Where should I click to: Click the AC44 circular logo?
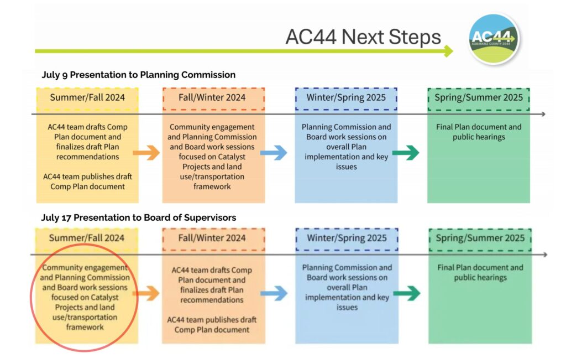(x=494, y=39)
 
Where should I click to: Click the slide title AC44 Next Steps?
(x=363, y=37)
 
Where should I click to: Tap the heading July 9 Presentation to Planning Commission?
(x=138, y=75)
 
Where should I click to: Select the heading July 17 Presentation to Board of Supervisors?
(x=138, y=217)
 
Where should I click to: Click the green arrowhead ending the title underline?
(x=448, y=51)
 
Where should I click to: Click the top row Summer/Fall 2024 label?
(x=87, y=98)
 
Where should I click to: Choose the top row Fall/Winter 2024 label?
(x=213, y=98)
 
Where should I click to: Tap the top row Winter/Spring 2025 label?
(x=346, y=98)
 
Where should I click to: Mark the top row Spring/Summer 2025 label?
(x=479, y=98)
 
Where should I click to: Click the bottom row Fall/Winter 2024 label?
(x=213, y=238)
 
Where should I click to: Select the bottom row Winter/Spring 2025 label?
(x=347, y=238)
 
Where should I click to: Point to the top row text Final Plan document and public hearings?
(x=479, y=132)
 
